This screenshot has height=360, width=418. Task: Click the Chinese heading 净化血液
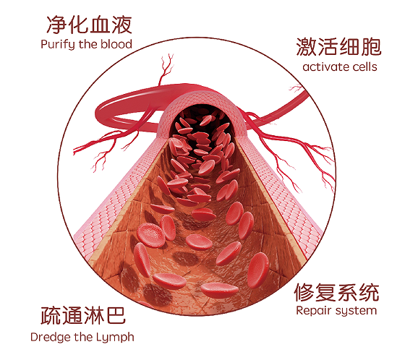[90, 25]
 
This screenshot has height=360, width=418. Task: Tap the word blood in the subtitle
[116, 44]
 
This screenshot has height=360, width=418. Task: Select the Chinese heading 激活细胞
[339, 47]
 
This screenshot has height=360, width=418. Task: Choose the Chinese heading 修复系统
[336, 292]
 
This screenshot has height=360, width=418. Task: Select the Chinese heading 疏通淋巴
[83, 315]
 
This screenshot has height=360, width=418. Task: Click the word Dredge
[51, 338]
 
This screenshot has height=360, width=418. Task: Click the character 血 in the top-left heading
[101, 25]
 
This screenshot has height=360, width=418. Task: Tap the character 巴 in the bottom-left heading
[116, 316]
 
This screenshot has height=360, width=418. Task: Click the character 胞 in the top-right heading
[371, 47]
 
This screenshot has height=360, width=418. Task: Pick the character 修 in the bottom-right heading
[304, 292]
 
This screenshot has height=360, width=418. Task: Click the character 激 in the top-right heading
[307, 47]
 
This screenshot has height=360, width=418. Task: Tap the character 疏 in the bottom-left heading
[51, 316]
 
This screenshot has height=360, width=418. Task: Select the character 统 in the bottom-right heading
[369, 292]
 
